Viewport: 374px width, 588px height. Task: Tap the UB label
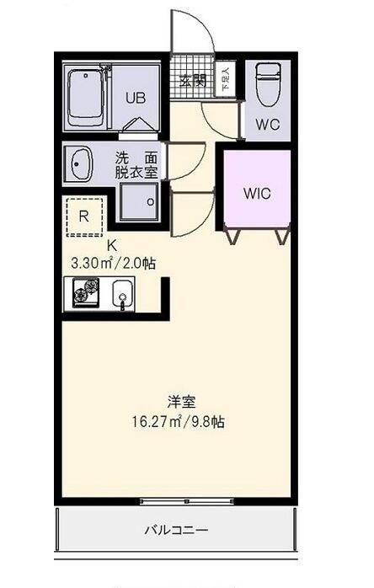tap(136, 98)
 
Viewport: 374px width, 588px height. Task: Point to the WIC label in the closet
tap(256, 193)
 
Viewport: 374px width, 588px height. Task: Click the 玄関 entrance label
tap(193, 81)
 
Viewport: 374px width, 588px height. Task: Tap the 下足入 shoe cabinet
tap(224, 81)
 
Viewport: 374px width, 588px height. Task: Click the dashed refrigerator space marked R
tap(83, 216)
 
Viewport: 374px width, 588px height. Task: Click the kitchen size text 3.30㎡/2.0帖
tap(113, 263)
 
